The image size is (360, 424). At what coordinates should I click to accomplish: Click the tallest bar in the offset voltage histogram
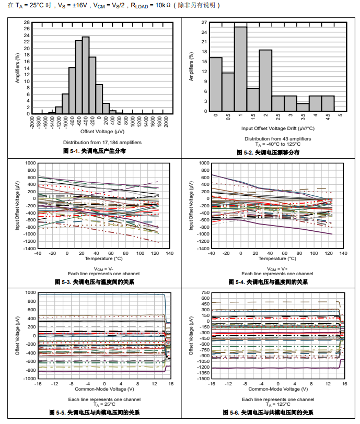pos(86,75)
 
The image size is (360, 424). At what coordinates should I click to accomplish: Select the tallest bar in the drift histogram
pos(240,68)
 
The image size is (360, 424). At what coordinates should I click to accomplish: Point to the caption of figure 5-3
pos(95,282)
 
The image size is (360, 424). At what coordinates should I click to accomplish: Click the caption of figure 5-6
pos(272,413)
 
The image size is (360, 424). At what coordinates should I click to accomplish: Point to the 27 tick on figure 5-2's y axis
pos(204,23)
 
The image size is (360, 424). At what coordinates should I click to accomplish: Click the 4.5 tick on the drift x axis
pos(328,117)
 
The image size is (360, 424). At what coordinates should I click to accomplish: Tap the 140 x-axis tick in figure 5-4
pos(343,253)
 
